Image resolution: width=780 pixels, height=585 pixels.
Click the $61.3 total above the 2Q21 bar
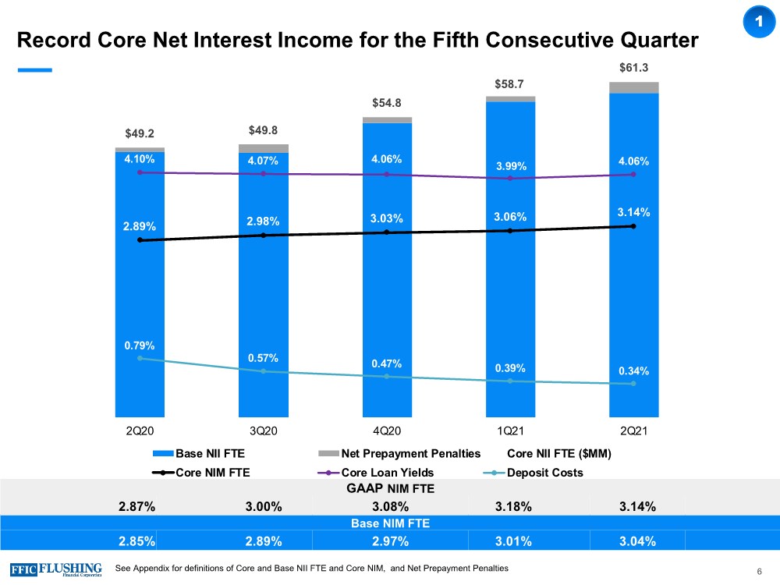pos(633,68)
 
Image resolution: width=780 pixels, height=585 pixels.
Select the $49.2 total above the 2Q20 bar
pos(140,133)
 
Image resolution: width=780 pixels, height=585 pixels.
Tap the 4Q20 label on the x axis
pos(386,430)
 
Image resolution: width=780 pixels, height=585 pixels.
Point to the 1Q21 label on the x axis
pos(510,430)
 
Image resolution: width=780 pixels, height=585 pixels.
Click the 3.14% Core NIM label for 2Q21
pos(634,211)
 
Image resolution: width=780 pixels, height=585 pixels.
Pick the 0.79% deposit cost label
pos(140,345)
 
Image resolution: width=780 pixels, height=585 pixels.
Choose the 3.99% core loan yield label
pos(510,165)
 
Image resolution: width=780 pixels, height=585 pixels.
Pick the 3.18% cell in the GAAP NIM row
pos(513,506)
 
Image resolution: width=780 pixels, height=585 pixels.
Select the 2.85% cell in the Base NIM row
pos(137,540)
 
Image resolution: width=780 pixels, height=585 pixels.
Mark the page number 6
pos(759,573)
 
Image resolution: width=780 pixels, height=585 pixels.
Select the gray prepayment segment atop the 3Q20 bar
pos(263,148)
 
